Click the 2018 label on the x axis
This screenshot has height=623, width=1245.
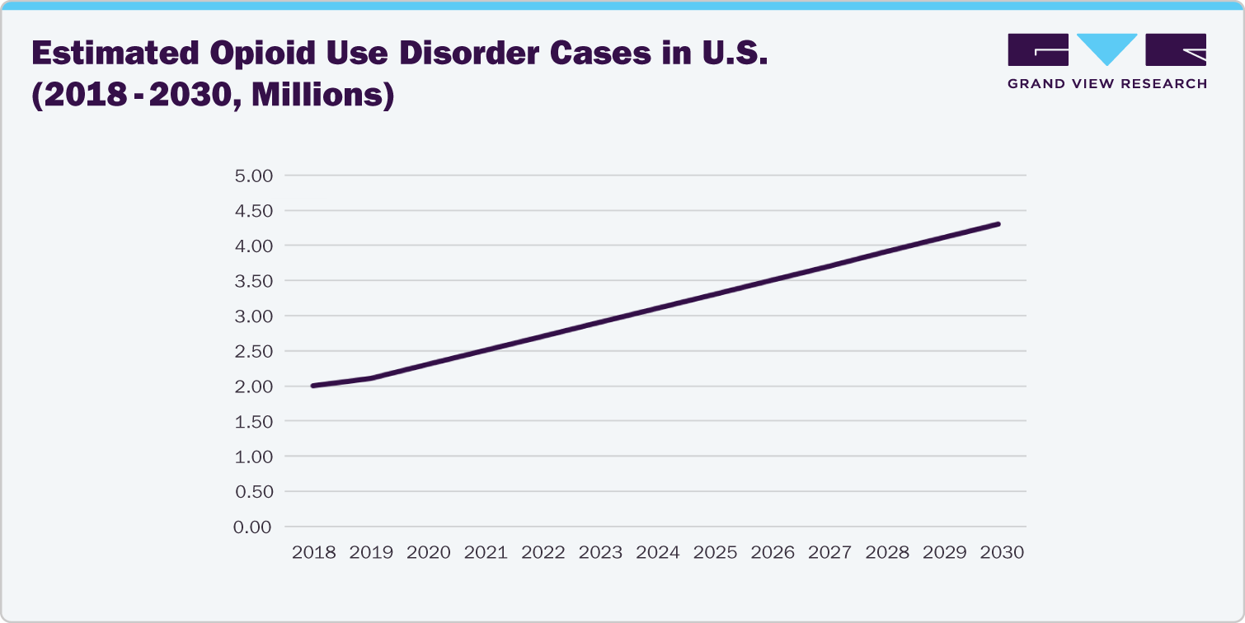pos(314,553)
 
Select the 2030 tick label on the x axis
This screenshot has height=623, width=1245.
pos(1001,553)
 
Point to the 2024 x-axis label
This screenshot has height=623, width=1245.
pos(658,553)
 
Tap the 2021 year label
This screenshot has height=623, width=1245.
pos(486,553)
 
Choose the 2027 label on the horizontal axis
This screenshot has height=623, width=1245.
pos(829,553)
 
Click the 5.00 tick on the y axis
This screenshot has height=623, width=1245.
pos(253,176)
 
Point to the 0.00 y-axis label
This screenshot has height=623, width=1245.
pos(253,527)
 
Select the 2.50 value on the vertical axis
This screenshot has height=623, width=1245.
pos(253,351)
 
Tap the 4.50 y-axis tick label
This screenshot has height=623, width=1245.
pos(253,211)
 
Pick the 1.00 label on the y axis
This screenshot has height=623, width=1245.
pos(253,457)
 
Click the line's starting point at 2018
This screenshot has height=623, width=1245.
pos(314,386)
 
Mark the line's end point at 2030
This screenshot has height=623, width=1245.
pos(998,223)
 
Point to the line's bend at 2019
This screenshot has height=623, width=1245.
pos(371,378)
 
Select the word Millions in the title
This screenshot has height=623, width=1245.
pos(317,96)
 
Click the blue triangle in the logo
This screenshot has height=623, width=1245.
pos(1107,48)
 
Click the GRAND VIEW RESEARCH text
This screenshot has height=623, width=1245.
pos(1107,83)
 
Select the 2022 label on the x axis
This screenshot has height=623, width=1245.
pos(543,553)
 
